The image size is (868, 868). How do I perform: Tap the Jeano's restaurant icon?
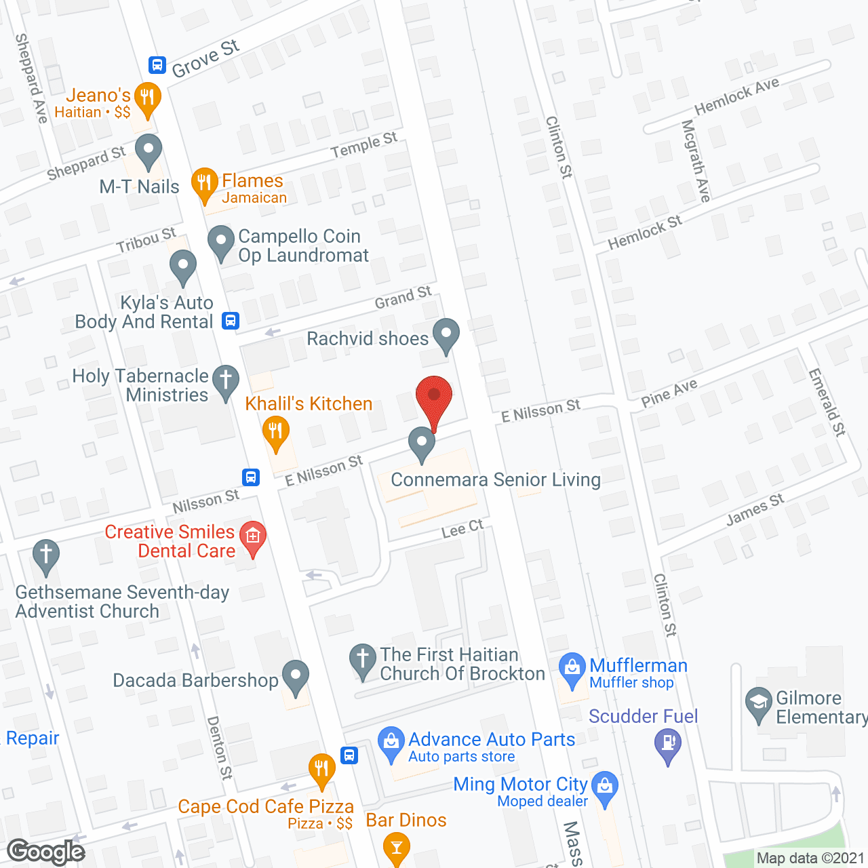[147, 98]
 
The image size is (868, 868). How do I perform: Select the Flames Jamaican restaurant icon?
[204, 183]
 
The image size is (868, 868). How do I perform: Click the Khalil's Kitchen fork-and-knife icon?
[275, 431]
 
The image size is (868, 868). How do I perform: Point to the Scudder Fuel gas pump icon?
[668, 743]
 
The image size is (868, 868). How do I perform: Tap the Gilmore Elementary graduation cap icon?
[758, 703]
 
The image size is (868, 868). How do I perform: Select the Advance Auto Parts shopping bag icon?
[391, 742]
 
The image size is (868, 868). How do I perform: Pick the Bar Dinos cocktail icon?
[397, 848]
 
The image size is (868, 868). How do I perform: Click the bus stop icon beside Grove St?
[157, 65]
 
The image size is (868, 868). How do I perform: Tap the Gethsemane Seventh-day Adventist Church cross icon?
[46, 555]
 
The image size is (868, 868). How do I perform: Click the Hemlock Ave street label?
[736, 96]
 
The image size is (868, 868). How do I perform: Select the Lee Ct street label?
[462, 529]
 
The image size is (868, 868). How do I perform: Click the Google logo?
[46, 852]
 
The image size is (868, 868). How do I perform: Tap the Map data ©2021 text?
[810, 859]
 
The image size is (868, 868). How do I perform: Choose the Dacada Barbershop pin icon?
[295, 676]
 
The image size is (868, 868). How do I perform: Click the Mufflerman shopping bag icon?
[572, 669]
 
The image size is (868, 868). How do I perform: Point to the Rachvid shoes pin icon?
[446, 334]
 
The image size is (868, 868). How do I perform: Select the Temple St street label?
[364, 145]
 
